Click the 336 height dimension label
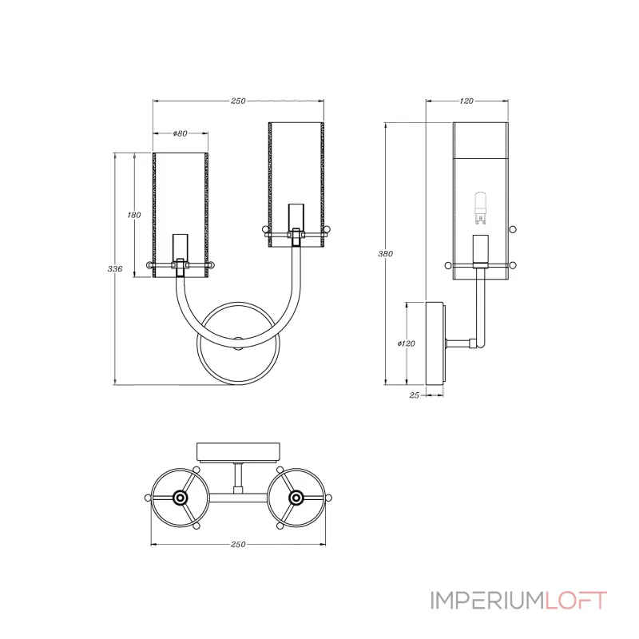pyautogui.click(x=115, y=269)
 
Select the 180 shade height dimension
pyautogui.click(x=134, y=215)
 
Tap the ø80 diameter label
pyautogui.click(x=181, y=133)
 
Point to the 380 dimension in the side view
pyautogui.click(x=386, y=254)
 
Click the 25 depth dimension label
pyautogui.click(x=414, y=395)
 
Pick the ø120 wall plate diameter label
pyautogui.click(x=407, y=343)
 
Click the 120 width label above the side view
pyautogui.click(x=466, y=101)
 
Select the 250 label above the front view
pyautogui.click(x=238, y=101)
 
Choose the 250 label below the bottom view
pyautogui.click(x=238, y=545)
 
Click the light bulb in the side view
pyautogui.click(x=481, y=208)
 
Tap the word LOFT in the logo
pyautogui.click(x=576, y=601)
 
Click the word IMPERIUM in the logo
pyautogui.click(x=487, y=601)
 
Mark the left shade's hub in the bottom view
pyautogui.click(x=180, y=498)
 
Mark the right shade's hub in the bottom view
pyautogui.click(x=296, y=498)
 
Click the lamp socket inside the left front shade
pyautogui.click(x=181, y=247)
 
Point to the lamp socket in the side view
pyautogui.click(x=481, y=249)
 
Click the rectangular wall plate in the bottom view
pyautogui.click(x=238, y=453)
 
